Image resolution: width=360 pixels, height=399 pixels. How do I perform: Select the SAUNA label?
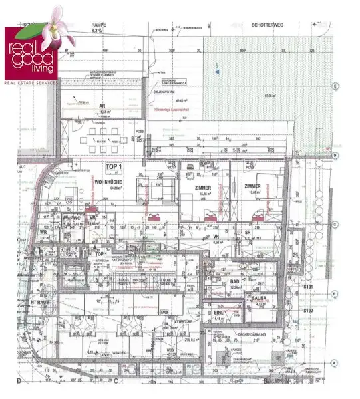pyautogui.click(x=259, y=299)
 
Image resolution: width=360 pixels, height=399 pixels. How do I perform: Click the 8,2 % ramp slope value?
pyautogui.click(x=98, y=31)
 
